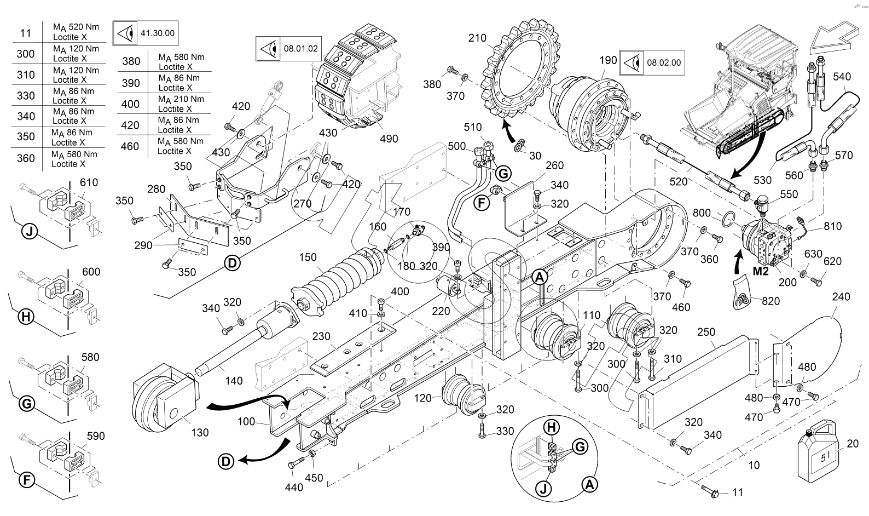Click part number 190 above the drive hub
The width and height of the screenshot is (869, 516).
click(608, 61)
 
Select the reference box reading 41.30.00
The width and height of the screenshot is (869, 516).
click(145, 33)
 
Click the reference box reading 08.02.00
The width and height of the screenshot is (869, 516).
click(652, 62)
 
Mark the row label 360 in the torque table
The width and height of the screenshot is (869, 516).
click(26, 158)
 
